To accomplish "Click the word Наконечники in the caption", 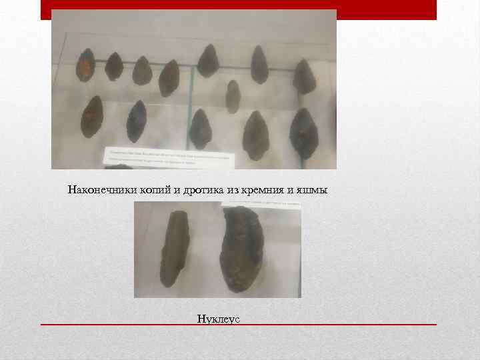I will (103, 191).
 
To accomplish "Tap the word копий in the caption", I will (155, 191).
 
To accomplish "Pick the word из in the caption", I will (233, 191).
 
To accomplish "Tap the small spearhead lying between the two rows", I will (233, 96).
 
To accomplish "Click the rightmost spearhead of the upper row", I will (305, 77).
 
